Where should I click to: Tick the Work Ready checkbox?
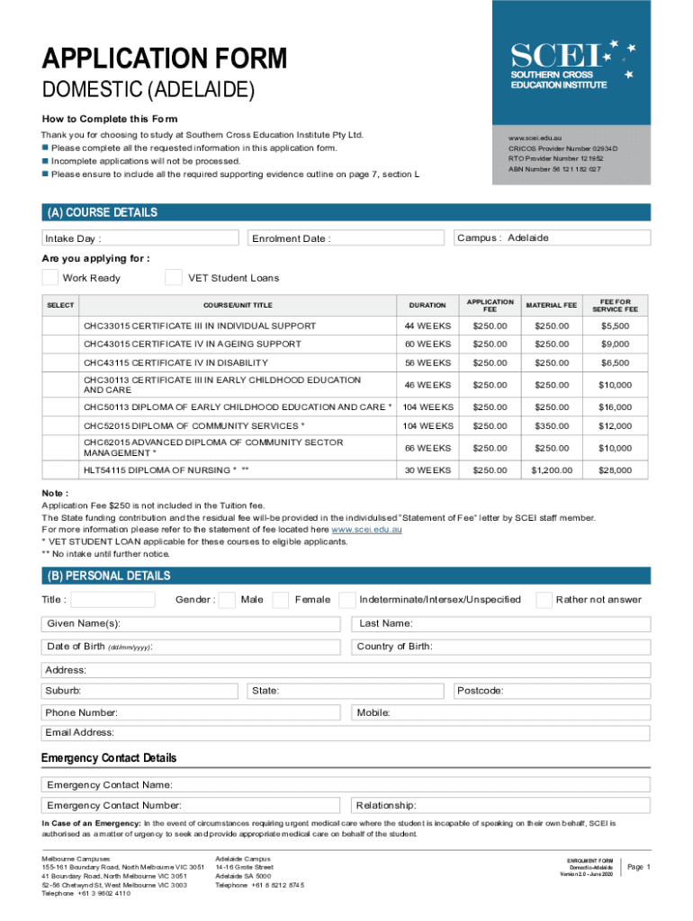click(51, 278)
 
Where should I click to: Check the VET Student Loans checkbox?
click(175, 278)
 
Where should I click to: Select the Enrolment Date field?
click(346, 238)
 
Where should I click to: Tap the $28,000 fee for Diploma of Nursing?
click(616, 469)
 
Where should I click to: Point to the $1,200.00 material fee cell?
click(551, 469)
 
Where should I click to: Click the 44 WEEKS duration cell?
click(427, 325)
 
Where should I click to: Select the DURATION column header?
click(427, 306)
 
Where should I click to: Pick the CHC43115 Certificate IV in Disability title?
click(176, 362)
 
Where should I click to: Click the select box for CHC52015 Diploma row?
click(60, 425)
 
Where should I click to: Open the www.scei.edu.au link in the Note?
click(366, 530)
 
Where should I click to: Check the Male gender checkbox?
click(228, 600)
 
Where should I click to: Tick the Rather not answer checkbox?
click(544, 600)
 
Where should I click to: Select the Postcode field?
click(551, 691)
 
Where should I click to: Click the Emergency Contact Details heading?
click(109, 758)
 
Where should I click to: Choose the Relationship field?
click(499, 805)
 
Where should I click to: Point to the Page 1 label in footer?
click(638, 867)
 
